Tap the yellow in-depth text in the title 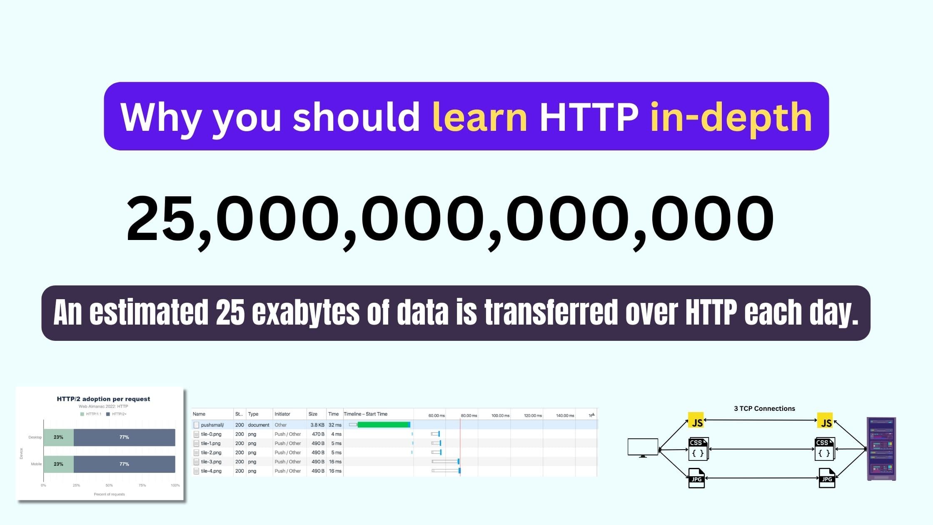click(731, 118)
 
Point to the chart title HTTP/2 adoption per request click(103, 399)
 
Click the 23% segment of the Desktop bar click(58, 437)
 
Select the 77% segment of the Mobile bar click(124, 464)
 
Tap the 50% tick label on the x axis click(109, 485)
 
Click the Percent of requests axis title click(109, 494)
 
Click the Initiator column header click(282, 414)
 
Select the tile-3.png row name click(211, 462)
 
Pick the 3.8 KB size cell click(317, 425)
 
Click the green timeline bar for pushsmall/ click(384, 425)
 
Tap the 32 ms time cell click(335, 425)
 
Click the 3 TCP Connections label click(764, 408)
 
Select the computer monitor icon click(643, 448)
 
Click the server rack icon click(881, 449)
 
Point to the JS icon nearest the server click(826, 421)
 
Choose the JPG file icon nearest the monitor click(696, 478)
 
